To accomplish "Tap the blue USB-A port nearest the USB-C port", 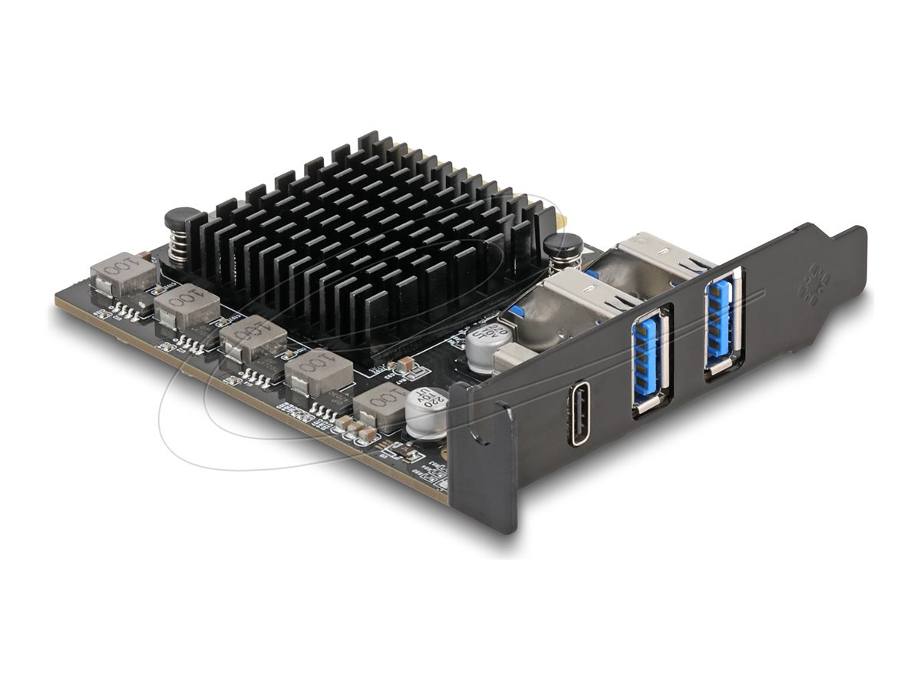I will (x=649, y=359).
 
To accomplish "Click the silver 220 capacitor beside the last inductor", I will (x=425, y=412).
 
